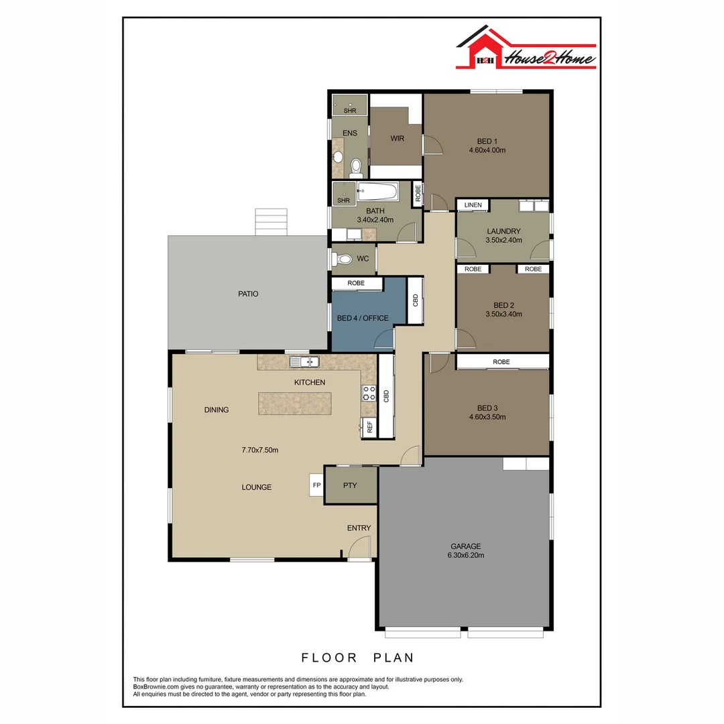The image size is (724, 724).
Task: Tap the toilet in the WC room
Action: (x=344, y=259)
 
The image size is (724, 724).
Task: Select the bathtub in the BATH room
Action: (x=378, y=192)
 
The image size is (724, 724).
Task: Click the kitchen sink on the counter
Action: (x=305, y=362)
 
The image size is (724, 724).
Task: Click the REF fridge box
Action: (x=368, y=426)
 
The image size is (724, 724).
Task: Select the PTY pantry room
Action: (x=351, y=485)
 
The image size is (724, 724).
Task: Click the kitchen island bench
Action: (x=294, y=404)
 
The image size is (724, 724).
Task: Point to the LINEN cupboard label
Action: (x=473, y=205)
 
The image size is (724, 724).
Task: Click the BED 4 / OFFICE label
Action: (x=363, y=318)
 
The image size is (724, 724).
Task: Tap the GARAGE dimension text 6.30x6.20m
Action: (x=465, y=555)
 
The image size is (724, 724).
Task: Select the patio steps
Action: (x=271, y=222)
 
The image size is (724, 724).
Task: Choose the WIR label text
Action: (x=398, y=139)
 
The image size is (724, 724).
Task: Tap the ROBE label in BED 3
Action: (x=501, y=362)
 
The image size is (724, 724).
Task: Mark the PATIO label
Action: (x=247, y=294)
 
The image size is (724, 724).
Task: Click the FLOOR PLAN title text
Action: (x=357, y=657)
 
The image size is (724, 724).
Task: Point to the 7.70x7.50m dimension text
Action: (x=259, y=450)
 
